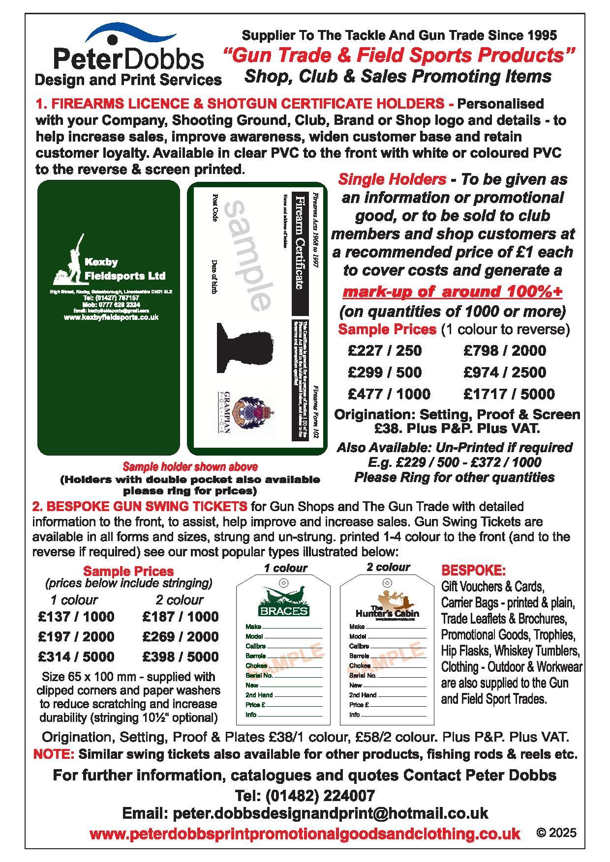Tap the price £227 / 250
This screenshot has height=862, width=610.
tap(384, 350)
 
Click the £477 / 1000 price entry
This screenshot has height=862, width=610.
tap(389, 394)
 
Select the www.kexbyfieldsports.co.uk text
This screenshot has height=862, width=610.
tap(111, 317)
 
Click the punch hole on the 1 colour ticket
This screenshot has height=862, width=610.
tap(283, 583)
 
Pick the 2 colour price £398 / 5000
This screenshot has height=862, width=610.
tap(180, 657)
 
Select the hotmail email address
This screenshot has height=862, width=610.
tap(305, 813)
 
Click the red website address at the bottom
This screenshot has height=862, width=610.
tap(305, 833)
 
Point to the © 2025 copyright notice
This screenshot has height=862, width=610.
tap(556, 833)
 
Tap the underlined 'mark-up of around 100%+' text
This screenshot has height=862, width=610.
tap(452, 291)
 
